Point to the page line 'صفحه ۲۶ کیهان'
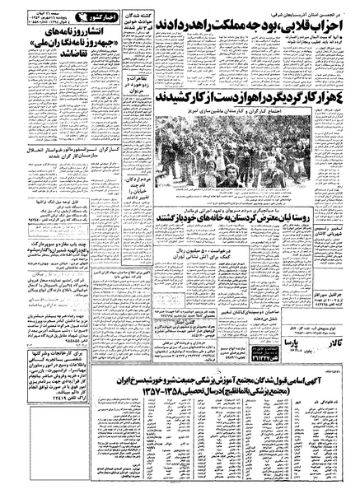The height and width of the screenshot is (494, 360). coord(49,6)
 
